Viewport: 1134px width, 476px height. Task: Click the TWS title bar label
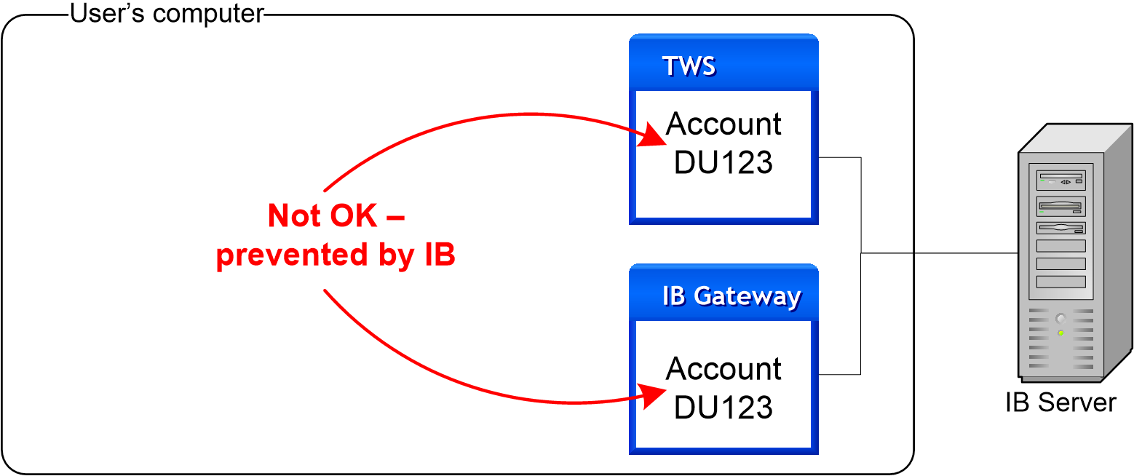(689, 66)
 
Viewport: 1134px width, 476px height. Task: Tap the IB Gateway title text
(731, 297)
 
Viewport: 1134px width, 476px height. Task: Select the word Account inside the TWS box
(723, 124)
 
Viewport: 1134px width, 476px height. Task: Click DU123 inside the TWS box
(723, 162)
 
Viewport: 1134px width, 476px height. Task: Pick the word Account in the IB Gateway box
(723, 369)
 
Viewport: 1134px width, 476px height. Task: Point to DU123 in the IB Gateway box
(723, 407)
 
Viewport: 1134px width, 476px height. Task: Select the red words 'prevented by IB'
(336, 255)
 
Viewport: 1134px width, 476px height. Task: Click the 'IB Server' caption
(1060, 402)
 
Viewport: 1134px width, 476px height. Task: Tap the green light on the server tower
(1060, 333)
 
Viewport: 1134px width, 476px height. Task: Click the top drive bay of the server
(1060, 181)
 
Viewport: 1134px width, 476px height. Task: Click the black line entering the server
(946, 253)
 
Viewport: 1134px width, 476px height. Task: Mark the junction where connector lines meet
(862, 253)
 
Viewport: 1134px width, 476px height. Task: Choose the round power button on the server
(1060, 318)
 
